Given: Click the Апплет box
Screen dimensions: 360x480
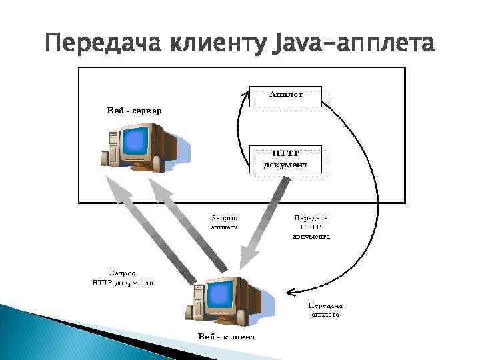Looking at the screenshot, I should pyautogui.click(x=286, y=95).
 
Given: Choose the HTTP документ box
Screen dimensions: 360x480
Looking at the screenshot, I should pyautogui.click(x=286, y=160).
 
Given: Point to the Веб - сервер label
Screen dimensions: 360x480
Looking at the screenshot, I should pyautogui.click(x=133, y=110).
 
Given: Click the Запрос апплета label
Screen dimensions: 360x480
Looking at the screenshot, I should pyautogui.click(x=224, y=222).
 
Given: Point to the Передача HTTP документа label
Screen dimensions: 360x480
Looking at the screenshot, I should pyautogui.click(x=311, y=227).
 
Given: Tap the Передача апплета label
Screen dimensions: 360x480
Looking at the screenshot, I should pyautogui.click(x=325, y=309).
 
